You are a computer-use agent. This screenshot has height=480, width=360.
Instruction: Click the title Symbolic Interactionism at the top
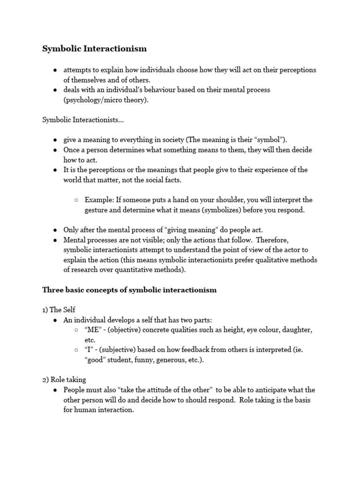click(x=95, y=49)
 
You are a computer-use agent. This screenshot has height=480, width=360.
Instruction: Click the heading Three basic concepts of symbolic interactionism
click(x=129, y=290)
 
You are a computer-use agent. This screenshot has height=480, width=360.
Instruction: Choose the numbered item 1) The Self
click(x=59, y=310)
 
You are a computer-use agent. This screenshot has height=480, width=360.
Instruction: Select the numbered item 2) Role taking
click(x=64, y=380)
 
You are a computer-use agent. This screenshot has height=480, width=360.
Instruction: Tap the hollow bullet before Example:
click(x=76, y=200)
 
